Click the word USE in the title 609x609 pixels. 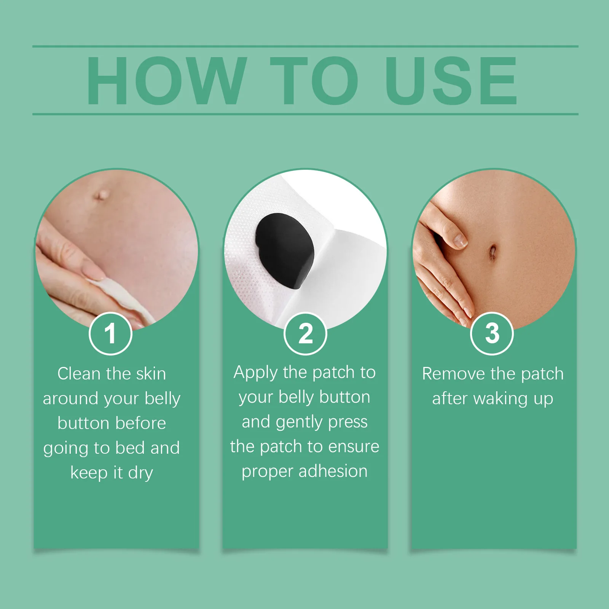(x=451, y=81)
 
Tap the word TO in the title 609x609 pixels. (x=314, y=81)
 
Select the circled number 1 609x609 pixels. (x=110, y=333)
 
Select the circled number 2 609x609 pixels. (x=305, y=333)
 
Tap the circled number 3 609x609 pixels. (x=492, y=333)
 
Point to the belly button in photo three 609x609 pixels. (x=493, y=252)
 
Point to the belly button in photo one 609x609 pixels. (x=101, y=195)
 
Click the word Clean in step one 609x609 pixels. (x=78, y=374)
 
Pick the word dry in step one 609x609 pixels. (x=140, y=473)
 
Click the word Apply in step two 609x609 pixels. (x=255, y=373)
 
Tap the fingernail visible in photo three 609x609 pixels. (x=460, y=241)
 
